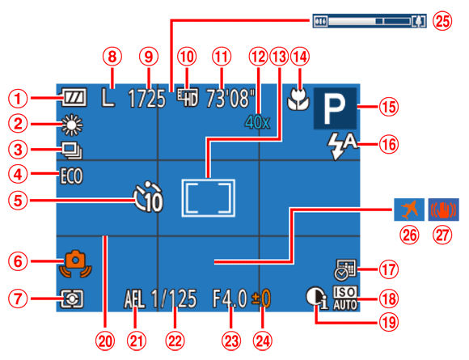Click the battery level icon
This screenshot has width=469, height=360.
70,101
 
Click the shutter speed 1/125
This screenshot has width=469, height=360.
176,299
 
